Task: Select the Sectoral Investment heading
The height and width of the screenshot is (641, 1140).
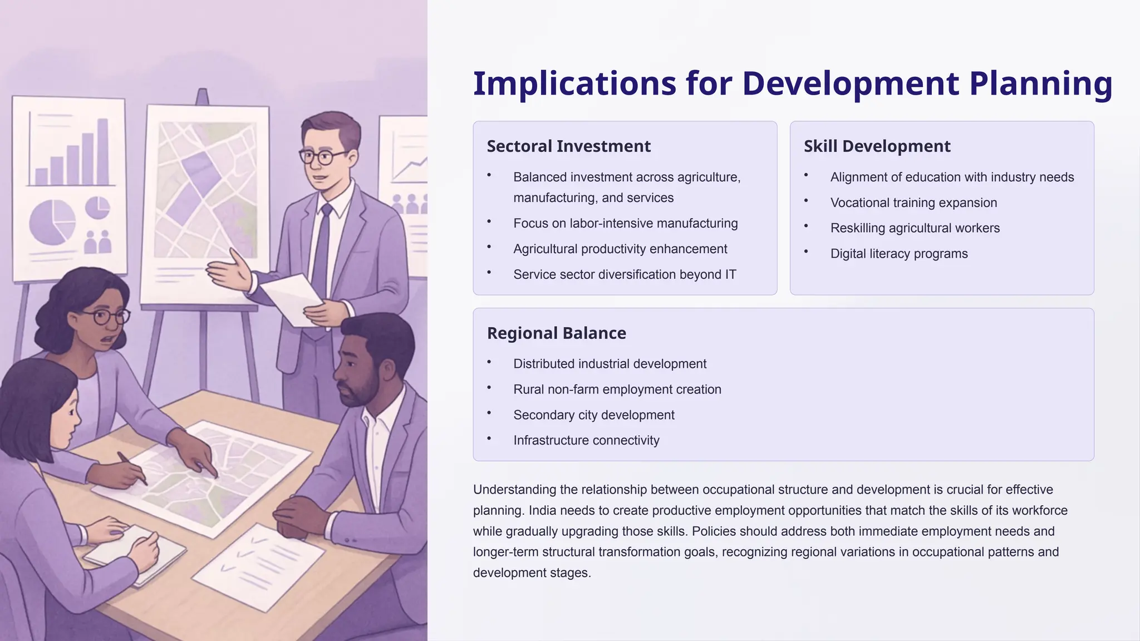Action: [x=568, y=146]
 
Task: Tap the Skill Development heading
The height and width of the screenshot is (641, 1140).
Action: [x=877, y=146]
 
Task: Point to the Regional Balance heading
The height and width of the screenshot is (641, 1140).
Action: [x=556, y=333]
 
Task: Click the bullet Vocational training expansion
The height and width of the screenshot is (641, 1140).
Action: [x=913, y=203]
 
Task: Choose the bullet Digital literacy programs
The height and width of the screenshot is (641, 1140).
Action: [x=898, y=254]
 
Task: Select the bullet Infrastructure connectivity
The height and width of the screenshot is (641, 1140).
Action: [x=586, y=441]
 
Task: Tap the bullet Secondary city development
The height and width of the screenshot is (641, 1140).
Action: [x=593, y=415]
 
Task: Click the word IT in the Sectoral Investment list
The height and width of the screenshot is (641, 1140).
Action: [x=730, y=275]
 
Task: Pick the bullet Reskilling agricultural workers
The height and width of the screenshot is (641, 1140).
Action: [x=915, y=229]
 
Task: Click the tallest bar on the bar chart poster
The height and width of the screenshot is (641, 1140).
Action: [x=102, y=151]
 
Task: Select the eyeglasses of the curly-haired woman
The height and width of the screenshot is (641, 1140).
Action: [x=105, y=317]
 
